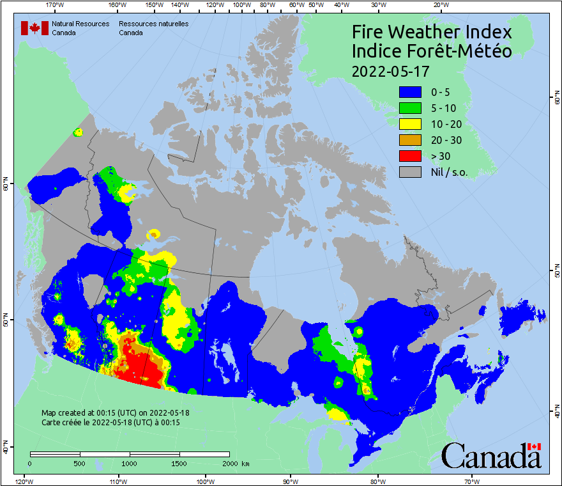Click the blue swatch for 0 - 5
tap(410, 92)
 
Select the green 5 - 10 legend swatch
tap(410, 108)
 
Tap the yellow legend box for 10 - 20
tap(410, 124)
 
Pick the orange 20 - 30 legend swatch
tap(410, 140)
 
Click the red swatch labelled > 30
tap(410, 156)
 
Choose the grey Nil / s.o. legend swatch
tap(410, 172)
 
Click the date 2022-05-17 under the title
tap(390, 71)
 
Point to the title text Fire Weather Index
tap(432, 32)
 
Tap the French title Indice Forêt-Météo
tap(432, 51)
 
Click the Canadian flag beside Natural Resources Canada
tap(34, 27)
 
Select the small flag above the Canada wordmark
tap(535, 446)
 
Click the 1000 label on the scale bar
tap(130, 463)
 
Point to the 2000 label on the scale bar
tap(229, 463)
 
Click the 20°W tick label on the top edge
tap(439, 5)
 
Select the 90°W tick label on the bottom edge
tap(291, 481)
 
